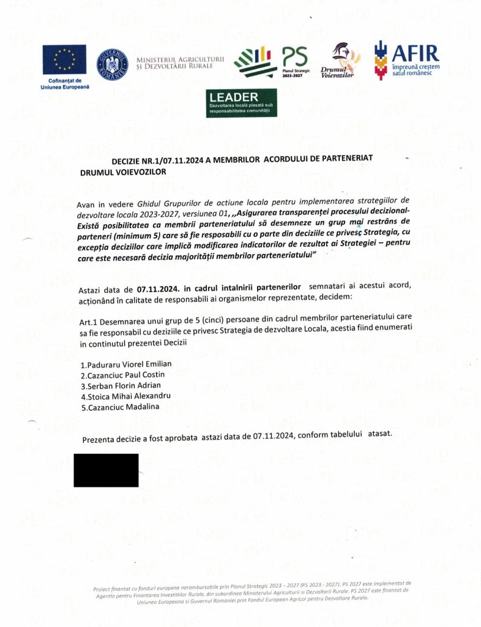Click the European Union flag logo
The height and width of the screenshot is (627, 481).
64,59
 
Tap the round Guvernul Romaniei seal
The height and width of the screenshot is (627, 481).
113,63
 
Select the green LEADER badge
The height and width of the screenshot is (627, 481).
241,103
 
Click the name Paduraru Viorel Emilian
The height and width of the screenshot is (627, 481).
126,364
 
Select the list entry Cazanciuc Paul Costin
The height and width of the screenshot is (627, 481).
122,375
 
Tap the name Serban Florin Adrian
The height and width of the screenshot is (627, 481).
121,385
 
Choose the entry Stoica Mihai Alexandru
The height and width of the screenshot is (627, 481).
125,396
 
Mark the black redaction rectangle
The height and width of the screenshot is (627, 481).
106,470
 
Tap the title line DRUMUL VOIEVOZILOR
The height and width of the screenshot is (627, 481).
123,173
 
